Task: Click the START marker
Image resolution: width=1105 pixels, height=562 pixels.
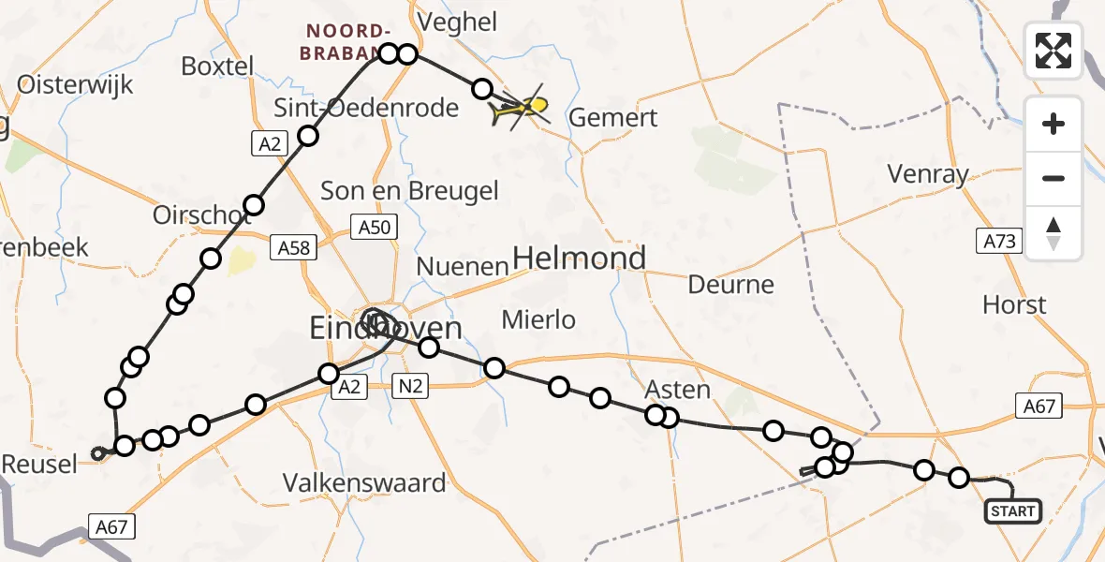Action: tap(1013, 511)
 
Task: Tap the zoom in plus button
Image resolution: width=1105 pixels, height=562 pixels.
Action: tap(1053, 124)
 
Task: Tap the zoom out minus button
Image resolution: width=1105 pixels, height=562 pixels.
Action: tap(1053, 178)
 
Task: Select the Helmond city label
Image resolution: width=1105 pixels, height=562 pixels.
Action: tap(580, 258)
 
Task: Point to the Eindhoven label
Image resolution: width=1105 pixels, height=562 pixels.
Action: tap(386, 329)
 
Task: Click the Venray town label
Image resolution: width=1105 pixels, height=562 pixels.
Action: tap(929, 173)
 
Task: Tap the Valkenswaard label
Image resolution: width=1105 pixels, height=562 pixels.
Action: tap(365, 483)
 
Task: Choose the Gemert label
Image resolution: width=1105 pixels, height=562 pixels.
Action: tap(613, 118)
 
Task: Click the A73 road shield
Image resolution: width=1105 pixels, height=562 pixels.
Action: tap(999, 241)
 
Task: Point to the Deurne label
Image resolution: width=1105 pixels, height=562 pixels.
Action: tap(731, 284)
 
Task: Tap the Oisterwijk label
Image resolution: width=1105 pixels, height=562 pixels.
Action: tap(76, 84)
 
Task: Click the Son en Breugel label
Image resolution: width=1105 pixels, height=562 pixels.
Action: tap(409, 191)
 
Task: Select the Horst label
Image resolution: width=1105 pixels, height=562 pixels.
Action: tap(1014, 304)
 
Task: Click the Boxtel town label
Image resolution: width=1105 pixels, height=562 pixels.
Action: tap(217, 67)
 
